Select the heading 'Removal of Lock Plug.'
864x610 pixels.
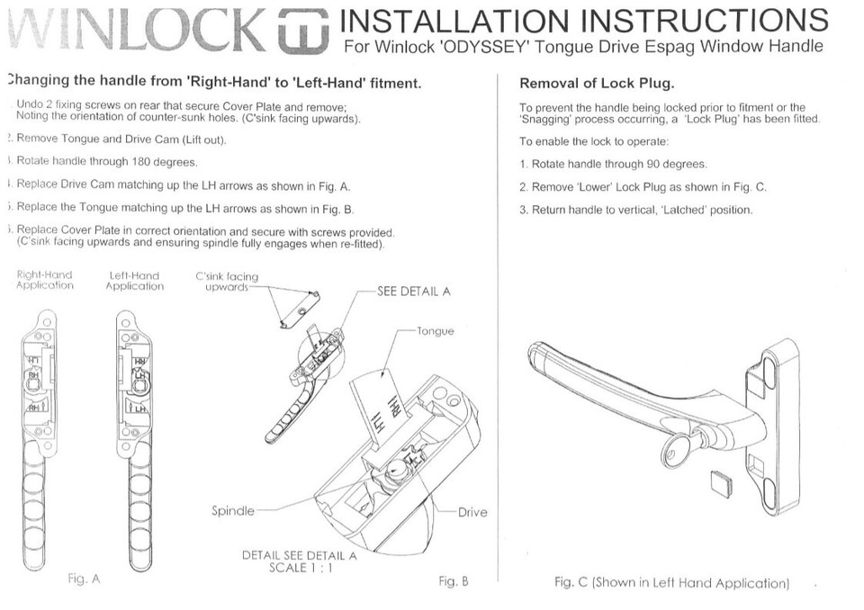click(597, 84)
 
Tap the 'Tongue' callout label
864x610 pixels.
click(436, 331)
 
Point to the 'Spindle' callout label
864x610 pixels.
click(233, 511)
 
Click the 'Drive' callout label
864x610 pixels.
click(472, 512)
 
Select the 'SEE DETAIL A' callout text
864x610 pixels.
click(414, 292)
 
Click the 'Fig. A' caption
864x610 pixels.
click(84, 579)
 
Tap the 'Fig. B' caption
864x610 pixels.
click(454, 581)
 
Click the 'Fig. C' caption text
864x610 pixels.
click(671, 583)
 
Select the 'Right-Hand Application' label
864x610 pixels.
click(45, 281)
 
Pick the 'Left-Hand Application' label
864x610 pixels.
click(134, 281)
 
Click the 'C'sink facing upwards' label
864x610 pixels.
click(226, 282)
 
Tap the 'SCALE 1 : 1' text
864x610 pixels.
click(300, 568)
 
